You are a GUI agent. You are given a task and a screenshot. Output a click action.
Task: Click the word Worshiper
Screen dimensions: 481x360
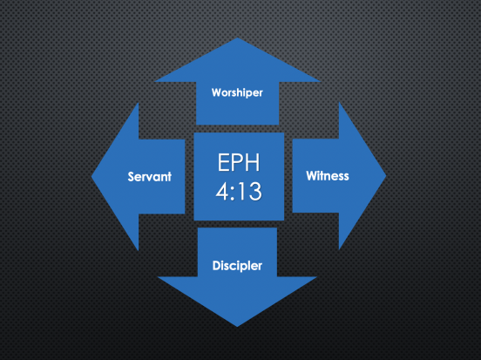pos(237,92)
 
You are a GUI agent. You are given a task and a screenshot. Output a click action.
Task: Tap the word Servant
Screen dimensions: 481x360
pos(149,177)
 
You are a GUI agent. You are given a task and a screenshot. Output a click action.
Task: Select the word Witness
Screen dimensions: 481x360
pos(328,176)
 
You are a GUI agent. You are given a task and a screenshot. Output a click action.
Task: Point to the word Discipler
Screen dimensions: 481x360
pos(237,266)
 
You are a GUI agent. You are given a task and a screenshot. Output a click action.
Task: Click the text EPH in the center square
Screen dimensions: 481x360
pos(239,162)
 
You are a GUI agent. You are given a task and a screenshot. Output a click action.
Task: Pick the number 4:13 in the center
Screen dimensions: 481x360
pos(239,191)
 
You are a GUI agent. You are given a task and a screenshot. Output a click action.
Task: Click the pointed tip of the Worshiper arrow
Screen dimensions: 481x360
pos(237,38)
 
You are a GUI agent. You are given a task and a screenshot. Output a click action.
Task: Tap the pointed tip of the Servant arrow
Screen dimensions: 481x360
pos(92,176)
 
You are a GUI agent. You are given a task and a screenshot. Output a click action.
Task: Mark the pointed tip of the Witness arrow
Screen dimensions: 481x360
pos(386,176)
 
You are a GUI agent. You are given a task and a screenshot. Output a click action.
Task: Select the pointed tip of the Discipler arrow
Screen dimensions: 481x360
pos(237,326)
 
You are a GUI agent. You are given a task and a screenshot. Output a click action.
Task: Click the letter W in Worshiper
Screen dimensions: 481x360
pos(216,92)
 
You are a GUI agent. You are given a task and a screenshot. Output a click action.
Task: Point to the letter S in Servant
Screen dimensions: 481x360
pos(132,177)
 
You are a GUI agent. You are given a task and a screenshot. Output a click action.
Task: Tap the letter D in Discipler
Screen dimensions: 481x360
pos(216,266)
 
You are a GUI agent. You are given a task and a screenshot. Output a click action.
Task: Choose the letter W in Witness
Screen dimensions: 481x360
pos(311,175)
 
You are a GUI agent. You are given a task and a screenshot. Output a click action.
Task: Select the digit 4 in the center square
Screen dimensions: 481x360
pos(222,191)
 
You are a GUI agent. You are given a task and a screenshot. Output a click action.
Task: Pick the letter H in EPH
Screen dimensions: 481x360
pos(253,162)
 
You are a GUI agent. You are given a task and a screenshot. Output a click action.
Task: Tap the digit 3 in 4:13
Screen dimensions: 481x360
pos(255,191)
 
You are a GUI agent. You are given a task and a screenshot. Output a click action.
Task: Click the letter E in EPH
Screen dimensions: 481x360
pos(223,162)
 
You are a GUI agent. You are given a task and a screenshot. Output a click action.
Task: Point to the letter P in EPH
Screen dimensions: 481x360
pos(237,162)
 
